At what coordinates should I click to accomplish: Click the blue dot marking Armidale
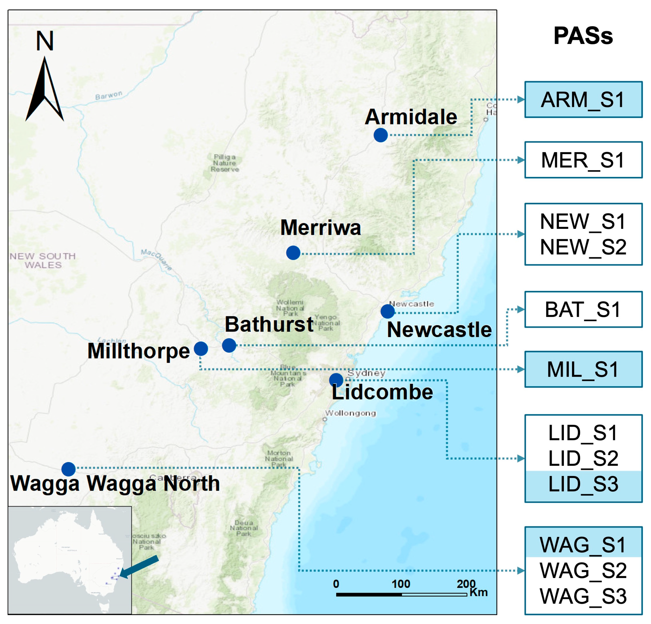point(380,135)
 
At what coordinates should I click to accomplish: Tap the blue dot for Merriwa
point(293,253)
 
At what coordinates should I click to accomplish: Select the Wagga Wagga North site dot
point(68,469)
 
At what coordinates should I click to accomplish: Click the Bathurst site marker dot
point(229,345)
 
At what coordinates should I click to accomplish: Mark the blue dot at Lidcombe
point(336,380)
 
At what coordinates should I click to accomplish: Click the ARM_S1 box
point(583,100)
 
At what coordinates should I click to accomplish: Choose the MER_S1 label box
point(583,160)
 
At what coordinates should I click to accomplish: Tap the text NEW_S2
point(583,247)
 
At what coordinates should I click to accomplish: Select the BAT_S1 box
point(583,310)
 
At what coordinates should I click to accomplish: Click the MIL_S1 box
point(583,370)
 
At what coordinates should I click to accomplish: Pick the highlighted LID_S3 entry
point(583,484)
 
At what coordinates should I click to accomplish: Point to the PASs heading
point(583,36)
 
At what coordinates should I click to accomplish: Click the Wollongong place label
point(350,413)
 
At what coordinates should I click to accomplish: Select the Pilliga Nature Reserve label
point(225,163)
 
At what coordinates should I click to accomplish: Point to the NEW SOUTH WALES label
point(43,260)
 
